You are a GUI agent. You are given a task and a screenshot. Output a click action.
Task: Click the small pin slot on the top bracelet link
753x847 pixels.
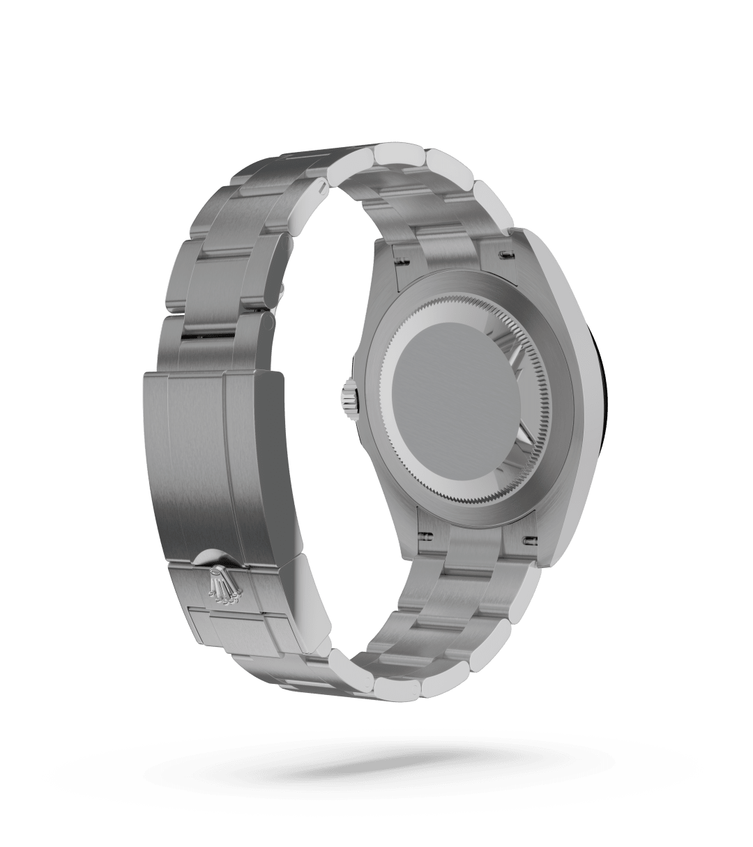click(321, 186)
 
